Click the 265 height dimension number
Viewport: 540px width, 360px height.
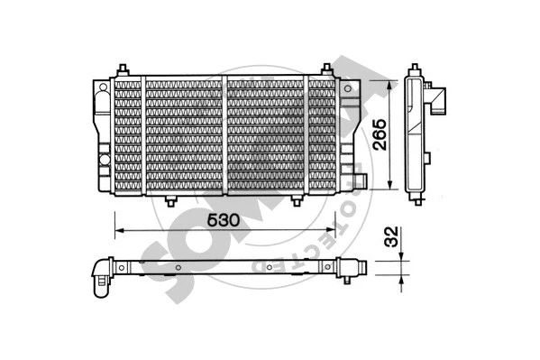380,135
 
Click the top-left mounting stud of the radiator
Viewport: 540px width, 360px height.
123,70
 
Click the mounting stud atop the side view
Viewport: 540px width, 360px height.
416,70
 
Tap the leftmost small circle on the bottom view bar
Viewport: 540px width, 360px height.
120,269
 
